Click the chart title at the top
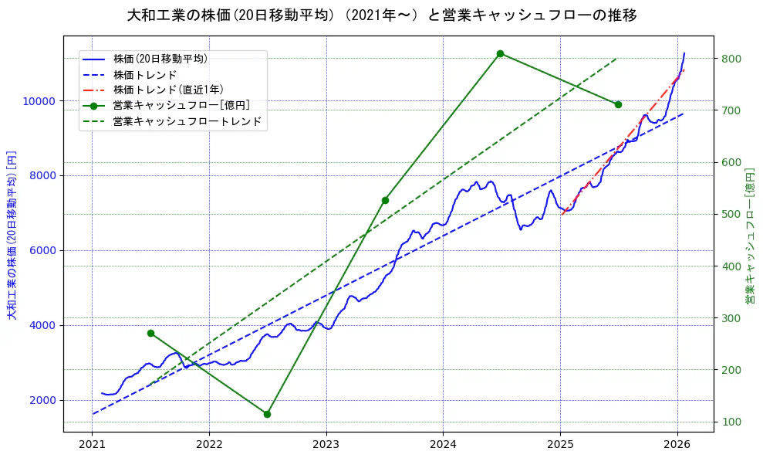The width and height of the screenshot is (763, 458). click(x=381, y=15)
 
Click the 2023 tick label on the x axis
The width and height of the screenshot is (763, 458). click(x=326, y=445)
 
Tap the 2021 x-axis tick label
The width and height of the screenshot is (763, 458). click(x=93, y=445)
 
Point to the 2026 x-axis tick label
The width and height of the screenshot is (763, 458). click(x=677, y=445)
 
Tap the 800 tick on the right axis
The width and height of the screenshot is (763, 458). click(x=732, y=59)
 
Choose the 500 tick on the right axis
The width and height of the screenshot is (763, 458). click(x=732, y=215)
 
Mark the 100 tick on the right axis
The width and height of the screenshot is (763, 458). click(x=732, y=422)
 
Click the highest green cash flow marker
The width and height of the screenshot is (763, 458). click(x=500, y=53)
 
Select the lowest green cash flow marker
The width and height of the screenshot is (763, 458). click(x=267, y=414)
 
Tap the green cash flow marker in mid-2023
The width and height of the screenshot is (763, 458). click(x=385, y=200)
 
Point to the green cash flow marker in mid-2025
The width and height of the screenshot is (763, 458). click(x=618, y=104)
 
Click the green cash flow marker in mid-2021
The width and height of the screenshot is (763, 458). click(x=150, y=333)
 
